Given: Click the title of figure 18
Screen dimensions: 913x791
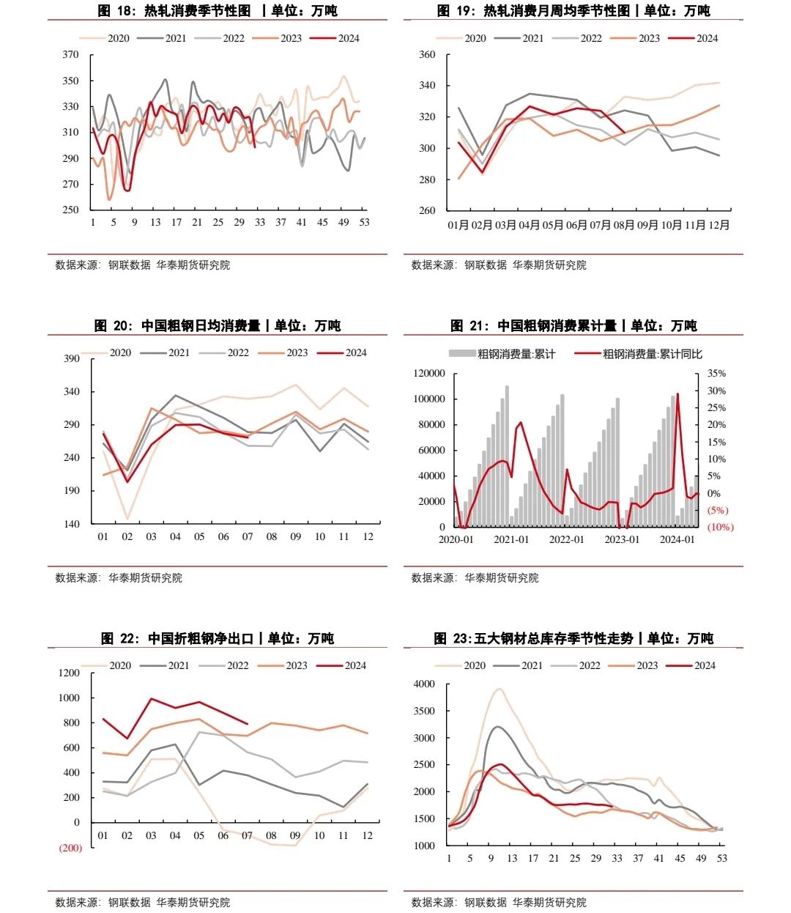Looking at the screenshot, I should pos(218,11).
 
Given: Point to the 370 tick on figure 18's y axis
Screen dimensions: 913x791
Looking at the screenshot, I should pos(70,55).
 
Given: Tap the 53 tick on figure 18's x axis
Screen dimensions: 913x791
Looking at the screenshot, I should pos(364,222).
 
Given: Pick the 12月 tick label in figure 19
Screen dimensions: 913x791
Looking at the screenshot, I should pos(718,225).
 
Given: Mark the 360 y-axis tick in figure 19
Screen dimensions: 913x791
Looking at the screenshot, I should pos(427,55).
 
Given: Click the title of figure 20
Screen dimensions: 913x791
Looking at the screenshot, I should pos(218,325).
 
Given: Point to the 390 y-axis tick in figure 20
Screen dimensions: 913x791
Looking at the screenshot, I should pos(72,358).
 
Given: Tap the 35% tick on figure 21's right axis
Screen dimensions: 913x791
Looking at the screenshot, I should pos(716,374).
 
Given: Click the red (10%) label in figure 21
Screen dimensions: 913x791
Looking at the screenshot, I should pos(720,527).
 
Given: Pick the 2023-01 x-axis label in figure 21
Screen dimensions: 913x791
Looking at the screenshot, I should pos(622,539).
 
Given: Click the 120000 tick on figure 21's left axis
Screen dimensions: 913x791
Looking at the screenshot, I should pos(429,374).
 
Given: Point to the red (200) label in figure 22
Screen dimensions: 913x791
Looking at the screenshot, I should pos(70,848).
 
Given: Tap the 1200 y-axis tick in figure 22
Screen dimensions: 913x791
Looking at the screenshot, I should pos(69,673).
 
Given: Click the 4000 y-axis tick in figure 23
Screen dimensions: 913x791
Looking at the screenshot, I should pos(425,684).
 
